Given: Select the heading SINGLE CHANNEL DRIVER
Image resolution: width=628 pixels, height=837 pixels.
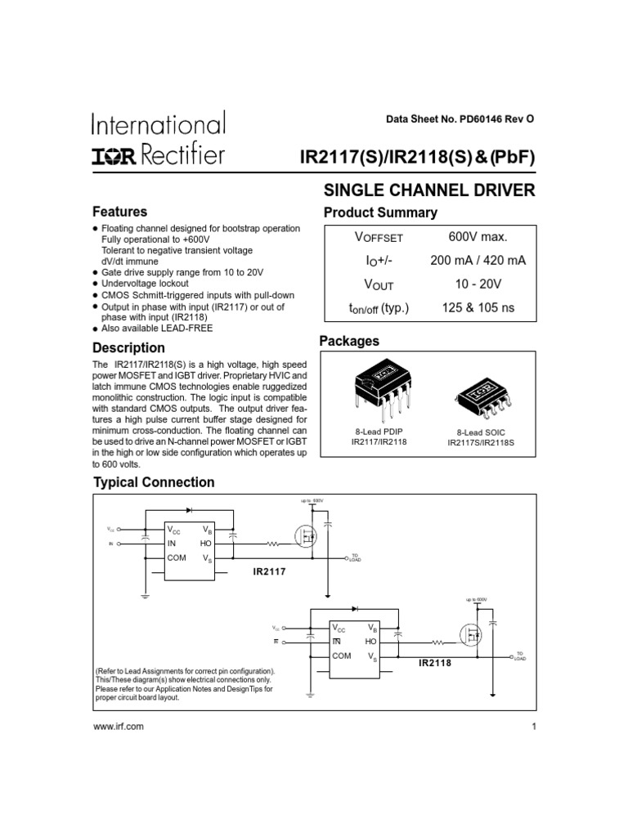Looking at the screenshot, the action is tap(429, 190).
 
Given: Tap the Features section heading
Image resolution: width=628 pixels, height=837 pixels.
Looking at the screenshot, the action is tap(119, 212).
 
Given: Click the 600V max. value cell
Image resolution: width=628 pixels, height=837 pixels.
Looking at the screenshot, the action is tap(478, 237).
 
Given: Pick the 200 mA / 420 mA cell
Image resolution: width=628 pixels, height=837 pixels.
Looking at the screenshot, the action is tap(478, 261).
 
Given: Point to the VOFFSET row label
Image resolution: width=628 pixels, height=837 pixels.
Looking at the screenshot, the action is tap(379, 238).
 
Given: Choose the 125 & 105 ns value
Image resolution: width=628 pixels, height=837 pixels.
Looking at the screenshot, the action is tap(478, 308).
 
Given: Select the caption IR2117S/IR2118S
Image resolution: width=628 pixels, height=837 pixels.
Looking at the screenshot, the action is tap(481, 442).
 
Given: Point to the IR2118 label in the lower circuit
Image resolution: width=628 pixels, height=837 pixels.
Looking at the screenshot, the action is tap(435, 663).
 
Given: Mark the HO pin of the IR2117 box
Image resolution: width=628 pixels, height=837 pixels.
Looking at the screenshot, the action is tap(205, 544).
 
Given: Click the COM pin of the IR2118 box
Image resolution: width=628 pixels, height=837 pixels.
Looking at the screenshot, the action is tap(341, 656).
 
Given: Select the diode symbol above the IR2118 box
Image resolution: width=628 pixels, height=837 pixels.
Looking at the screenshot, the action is tap(354, 610).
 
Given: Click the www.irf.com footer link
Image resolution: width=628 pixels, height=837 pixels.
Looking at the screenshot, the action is tap(119, 726).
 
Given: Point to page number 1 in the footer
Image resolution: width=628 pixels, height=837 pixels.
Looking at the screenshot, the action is tap(532, 726).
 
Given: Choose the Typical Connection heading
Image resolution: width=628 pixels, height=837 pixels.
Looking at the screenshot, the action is tap(154, 482).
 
